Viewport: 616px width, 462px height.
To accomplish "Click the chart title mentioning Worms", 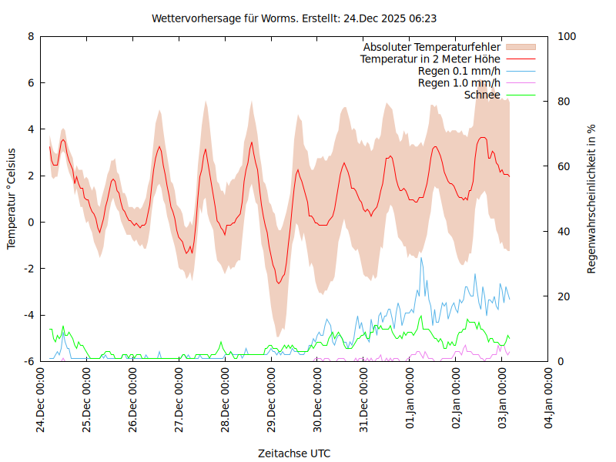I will point(295,18).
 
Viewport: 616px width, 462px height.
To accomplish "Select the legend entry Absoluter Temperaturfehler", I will point(432,47).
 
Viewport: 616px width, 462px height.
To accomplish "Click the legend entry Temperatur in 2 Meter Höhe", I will point(430,59).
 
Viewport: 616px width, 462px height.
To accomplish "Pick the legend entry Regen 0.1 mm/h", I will point(459,71).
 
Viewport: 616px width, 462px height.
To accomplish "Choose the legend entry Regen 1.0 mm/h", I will point(459,83).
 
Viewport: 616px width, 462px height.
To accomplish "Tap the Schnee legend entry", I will point(483,95).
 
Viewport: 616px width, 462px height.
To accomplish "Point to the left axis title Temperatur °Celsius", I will point(12,198).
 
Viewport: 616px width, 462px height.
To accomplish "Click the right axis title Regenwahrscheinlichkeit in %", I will point(591,199).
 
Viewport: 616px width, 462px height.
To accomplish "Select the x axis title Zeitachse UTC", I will point(294,454).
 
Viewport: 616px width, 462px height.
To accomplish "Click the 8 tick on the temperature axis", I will point(31,36).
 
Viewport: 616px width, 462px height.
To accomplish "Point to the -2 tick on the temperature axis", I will point(28,269).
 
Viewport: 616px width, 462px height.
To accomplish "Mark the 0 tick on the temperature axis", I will point(31,223).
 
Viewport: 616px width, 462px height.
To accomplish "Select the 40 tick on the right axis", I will point(563,232).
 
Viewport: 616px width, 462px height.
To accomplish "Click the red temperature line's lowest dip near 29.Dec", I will point(280,283).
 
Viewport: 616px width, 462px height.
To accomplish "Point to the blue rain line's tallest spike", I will point(420,258).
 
